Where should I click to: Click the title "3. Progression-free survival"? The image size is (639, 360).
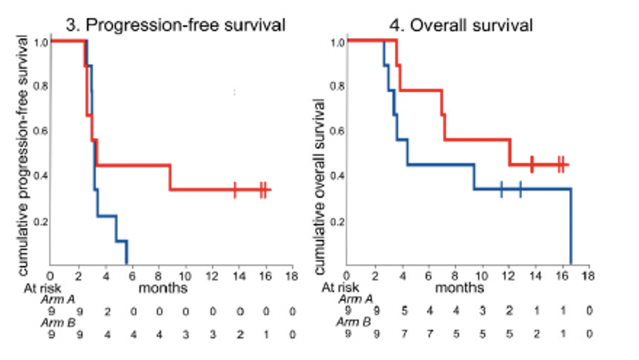(x=176, y=25)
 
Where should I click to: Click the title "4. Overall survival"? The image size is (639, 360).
(x=462, y=25)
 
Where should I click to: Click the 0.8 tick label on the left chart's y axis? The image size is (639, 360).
(x=41, y=87)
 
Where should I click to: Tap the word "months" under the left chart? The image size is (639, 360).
(x=163, y=288)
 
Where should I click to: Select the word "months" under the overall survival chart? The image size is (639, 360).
(x=460, y=288)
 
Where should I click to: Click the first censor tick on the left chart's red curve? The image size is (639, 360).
(x=235, y=190)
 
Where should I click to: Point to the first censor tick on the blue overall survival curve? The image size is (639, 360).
(x=501, y=189)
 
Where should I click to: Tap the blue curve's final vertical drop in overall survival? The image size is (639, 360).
(x=571, y=227)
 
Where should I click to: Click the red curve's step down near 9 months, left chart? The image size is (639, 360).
(x=170, y=177)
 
